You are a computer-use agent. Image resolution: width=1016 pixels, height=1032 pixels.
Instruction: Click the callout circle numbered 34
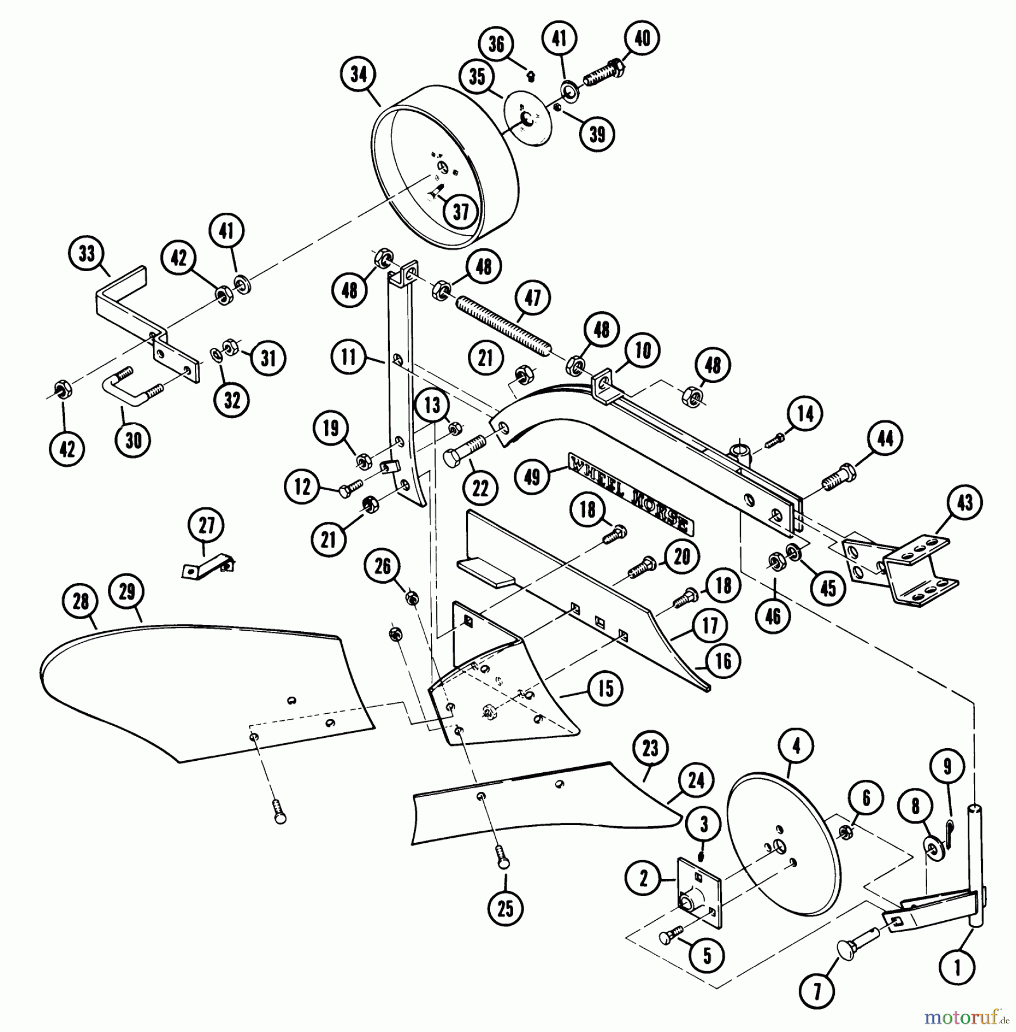pos(358,75)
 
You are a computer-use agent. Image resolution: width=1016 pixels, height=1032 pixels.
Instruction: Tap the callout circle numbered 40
pos(642,38)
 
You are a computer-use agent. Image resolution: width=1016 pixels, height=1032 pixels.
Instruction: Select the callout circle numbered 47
pos(533,298)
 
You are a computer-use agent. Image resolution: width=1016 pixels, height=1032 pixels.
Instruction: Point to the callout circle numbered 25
pos(505,908)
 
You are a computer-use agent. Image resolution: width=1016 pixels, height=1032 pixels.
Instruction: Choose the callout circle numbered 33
pos(87,253)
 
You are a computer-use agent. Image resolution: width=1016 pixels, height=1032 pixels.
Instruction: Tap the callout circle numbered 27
pos(206,525)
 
